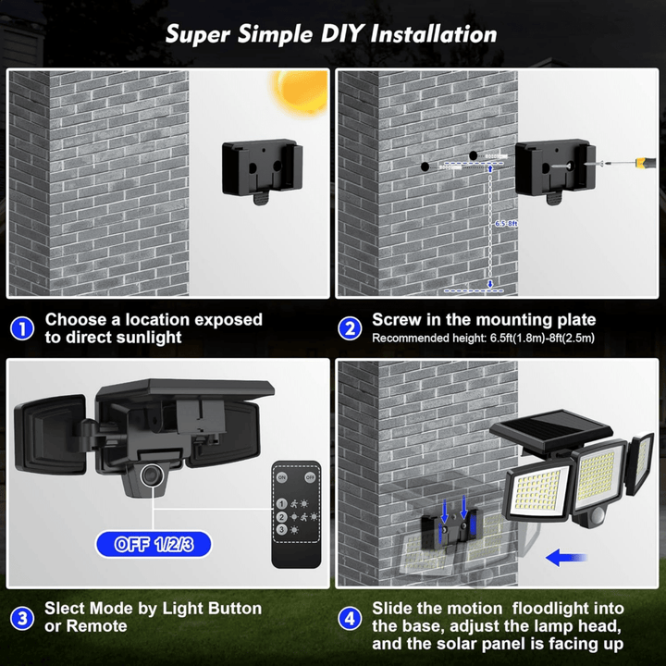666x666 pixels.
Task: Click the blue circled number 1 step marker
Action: tap(22, 328)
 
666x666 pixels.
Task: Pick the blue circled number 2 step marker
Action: tap(350, 328)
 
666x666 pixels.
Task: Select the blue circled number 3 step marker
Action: tap(22, 617)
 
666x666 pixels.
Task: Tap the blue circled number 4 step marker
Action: tap(350, 617)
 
